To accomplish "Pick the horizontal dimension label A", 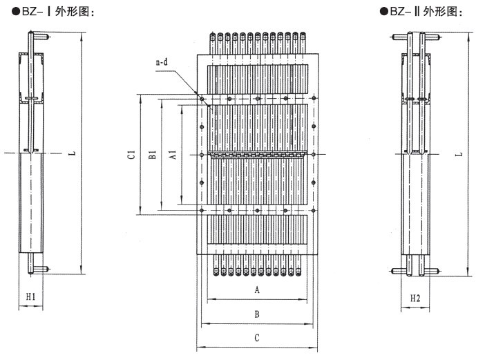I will coord(257,291).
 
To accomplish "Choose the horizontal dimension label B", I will coord(257,314).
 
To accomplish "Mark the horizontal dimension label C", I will coord(257,338).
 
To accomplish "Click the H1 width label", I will coord(30,297).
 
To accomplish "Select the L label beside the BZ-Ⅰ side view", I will coord(73,153).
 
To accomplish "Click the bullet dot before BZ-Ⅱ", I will coord(383,12).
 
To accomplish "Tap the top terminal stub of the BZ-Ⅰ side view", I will coord(41,36).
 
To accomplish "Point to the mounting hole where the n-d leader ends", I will coord(202,100).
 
